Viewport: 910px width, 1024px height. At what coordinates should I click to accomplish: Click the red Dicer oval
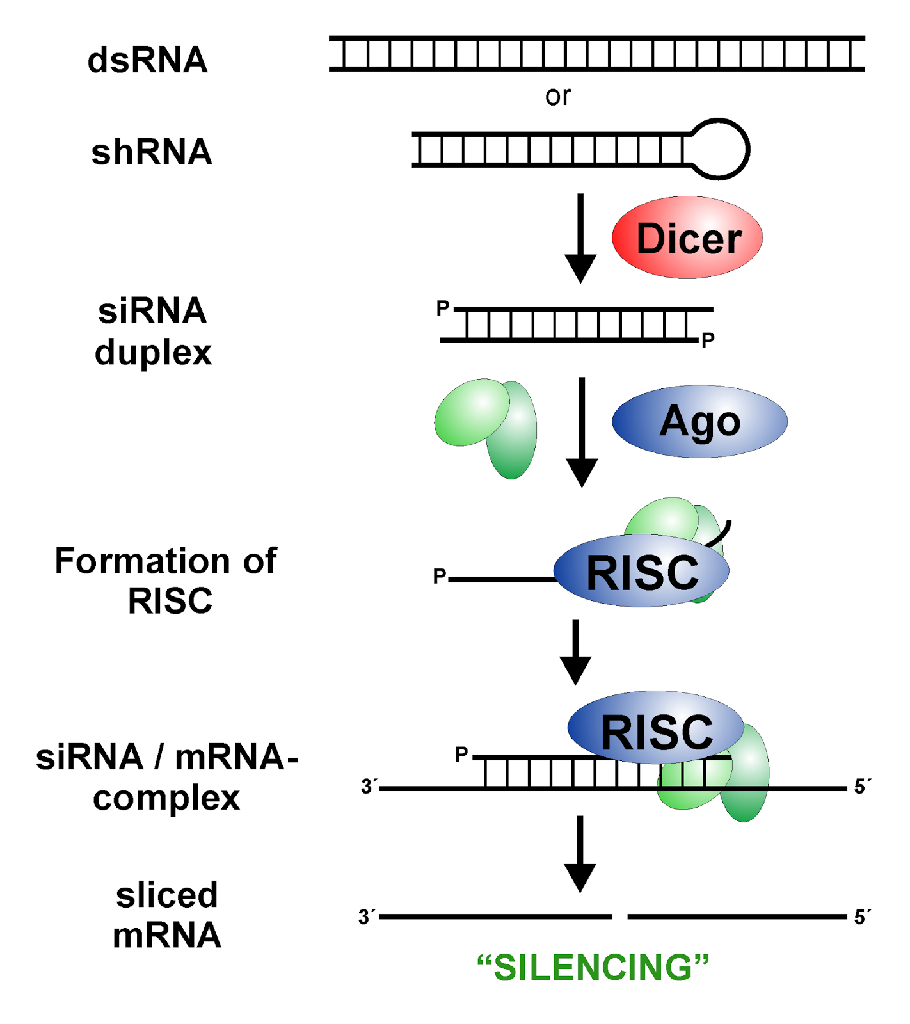(687, 238)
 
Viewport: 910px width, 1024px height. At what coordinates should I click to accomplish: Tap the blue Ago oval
(699, 421)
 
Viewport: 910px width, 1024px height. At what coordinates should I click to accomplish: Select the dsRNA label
(147, 60)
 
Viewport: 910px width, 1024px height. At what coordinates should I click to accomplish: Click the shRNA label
(152, 152)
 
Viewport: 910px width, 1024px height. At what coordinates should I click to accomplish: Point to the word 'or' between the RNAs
(557, 96)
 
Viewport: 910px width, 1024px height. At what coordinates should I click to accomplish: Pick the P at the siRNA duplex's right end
(707, 340)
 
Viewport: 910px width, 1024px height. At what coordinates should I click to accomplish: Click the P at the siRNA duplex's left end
(442, 308)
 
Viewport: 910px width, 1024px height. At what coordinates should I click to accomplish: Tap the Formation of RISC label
(166, 580)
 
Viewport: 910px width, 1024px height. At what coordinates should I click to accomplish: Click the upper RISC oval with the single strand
(641, 572)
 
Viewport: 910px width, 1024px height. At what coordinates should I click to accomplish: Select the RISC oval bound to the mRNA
(656, 730)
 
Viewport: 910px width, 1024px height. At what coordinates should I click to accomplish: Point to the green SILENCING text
(593, 967)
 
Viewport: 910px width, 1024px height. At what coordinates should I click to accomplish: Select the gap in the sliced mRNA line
(619, 916)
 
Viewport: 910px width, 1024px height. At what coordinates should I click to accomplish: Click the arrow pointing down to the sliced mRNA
(580, 854)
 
